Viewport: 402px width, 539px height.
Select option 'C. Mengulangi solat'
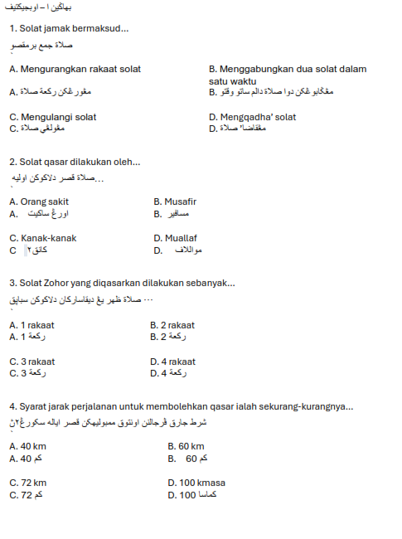pyautogui.click(x=53, y=117)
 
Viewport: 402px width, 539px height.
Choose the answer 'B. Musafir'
pyautogui.click(x=175, y=202)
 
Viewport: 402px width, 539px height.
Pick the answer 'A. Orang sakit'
pyautogui.click(x=39, y=202)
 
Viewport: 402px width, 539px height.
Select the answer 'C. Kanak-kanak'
pyautogui.click(x=43, y=238)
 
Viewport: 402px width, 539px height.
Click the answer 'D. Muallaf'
pyautogui.click(x=176, y=238)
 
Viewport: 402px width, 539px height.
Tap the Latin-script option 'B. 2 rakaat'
pyautogui.click(x=172, y=325)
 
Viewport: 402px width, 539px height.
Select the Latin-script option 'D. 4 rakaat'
pyautogui.click(x=172, y=362)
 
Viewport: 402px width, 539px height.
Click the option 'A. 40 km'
pyautogui.click(x=27, y=446)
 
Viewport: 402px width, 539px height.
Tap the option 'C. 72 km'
pyautogui.click(x=28, y=483)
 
